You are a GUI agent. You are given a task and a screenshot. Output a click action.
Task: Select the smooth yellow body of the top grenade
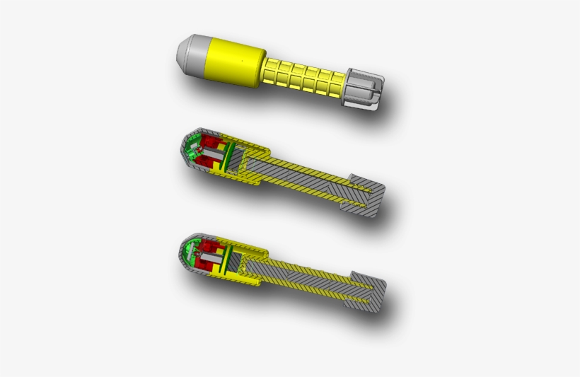tap(233, 62)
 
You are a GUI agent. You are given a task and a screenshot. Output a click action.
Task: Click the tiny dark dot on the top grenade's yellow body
tap(240, 62)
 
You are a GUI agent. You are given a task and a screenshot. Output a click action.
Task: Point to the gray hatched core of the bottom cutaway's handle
tap(304, 276)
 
